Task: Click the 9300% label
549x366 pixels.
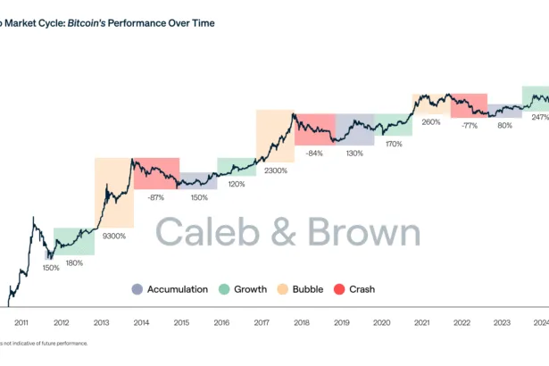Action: tap(114, 236)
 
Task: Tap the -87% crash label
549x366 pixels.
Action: tap(156, 196)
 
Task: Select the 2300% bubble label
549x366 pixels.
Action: tap(276, 170)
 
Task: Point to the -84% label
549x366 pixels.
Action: tap(313, 153)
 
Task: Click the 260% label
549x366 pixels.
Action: tap(431, 122)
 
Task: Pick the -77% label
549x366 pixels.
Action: tap(470, 126)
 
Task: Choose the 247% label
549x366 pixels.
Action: tap(540, 117)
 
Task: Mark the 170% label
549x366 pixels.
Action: tap(394, 143)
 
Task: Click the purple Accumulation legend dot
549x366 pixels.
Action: tap(137, 289)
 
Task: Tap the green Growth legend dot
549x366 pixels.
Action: tap(226, 289)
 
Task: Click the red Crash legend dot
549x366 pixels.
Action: tap(339, 289)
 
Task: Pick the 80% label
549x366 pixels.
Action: tap(504, 126)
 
